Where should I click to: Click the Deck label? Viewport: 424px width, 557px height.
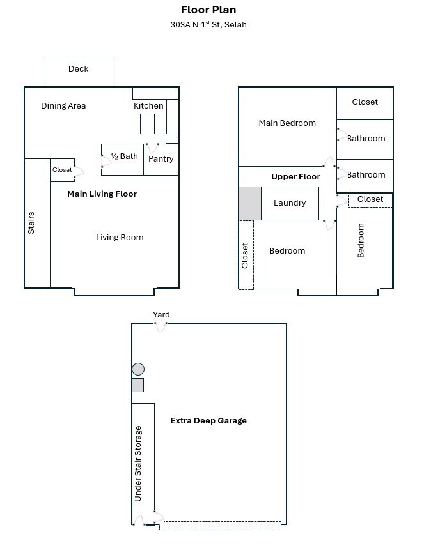[78, 68]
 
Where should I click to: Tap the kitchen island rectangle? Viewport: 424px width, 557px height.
[147, 124]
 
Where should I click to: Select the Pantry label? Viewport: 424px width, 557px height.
[161, 159]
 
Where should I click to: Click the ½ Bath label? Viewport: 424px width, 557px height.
[124, 156]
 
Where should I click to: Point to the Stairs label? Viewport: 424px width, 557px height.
[31, 223]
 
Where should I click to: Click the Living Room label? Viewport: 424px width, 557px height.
[120, 237]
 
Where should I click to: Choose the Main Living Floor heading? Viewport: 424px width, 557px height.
[102, 194]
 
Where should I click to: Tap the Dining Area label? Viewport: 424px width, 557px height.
[63, 106]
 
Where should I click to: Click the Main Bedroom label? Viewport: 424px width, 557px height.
[287, 123]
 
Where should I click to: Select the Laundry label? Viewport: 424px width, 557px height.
[290, 203]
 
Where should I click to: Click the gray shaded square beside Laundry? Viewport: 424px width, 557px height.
[249, 203]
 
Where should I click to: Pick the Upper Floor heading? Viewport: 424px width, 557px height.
[295, 176]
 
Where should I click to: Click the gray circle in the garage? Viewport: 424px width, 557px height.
[138, 369]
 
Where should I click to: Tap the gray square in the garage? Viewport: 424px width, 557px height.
[138, 385]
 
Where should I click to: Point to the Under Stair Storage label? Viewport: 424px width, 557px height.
[138, 464]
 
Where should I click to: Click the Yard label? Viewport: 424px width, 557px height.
[161, 314]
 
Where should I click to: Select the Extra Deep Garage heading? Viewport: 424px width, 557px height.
[208, 420]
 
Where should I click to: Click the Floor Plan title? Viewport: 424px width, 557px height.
[208, 10]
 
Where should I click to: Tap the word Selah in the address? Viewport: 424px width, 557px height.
[235, 24]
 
